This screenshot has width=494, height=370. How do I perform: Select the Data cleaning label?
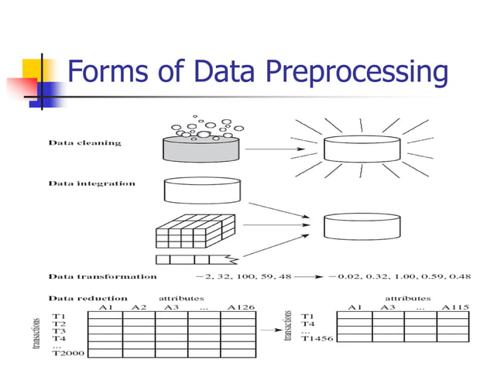pyautogui.click(x=85, y=143)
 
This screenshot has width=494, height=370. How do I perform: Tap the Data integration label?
pyautogui.click(x=92, y=184)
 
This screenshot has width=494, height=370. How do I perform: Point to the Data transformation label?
pyautogui.click(x=103, y=276)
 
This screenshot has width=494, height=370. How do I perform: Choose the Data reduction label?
pyautogui.click(x=88, y=297)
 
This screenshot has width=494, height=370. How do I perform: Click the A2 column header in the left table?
pyautogui.click(x=139, y=307)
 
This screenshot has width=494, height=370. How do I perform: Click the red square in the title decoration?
pyautogui.click(x=18, y=86)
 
